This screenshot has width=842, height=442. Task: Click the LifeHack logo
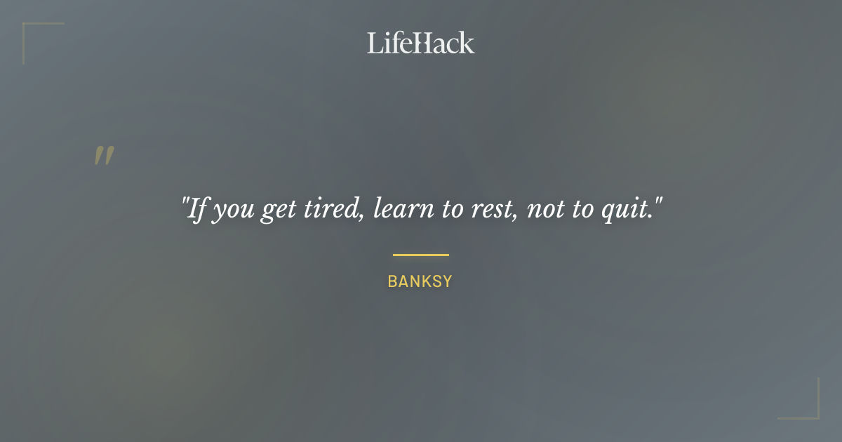[421, 43]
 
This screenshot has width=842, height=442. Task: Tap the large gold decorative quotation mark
[104, 156]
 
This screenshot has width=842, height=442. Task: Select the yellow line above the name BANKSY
[421, 255]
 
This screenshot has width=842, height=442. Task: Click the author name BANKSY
[420, 282]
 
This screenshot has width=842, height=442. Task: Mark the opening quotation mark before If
[185, 203]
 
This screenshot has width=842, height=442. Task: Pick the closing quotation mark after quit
[658, 203]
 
